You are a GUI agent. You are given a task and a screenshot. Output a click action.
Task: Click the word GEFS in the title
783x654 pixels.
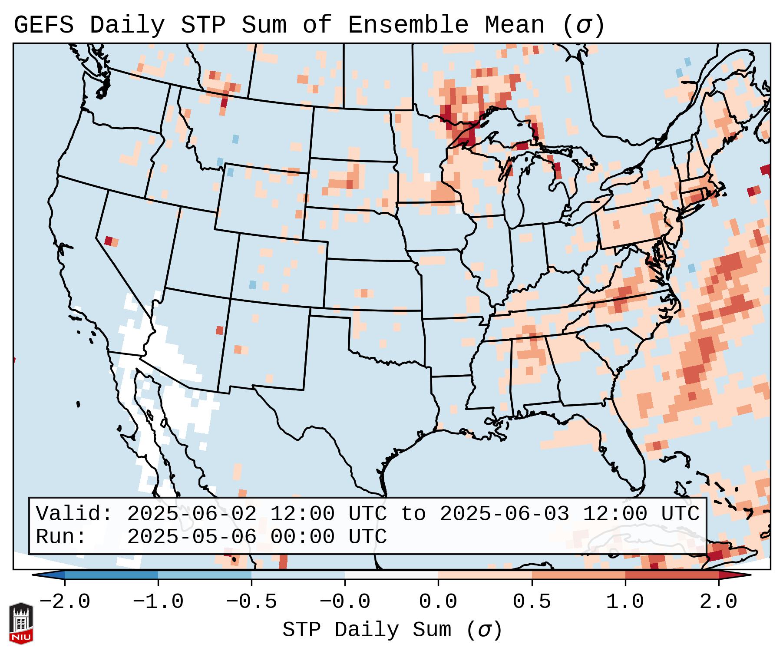coord(43,25)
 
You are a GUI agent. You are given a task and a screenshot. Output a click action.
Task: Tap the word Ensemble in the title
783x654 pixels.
coord(408,25)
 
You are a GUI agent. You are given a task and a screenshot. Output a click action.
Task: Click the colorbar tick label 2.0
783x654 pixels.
coord(718,602)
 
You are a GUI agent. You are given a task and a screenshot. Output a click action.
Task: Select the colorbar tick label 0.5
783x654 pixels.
coord(532,602)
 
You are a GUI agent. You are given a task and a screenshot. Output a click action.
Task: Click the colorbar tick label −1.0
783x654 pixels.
coord(158,602)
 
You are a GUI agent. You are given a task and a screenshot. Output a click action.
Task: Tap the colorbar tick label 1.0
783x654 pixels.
coord(625,602)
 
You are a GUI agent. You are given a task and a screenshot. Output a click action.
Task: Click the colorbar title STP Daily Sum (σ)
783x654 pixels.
coord(392,630)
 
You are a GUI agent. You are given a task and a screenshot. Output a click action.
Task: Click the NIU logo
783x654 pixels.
coord(21,623)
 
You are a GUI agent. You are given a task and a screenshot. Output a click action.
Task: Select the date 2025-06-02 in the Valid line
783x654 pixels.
coord(191,514)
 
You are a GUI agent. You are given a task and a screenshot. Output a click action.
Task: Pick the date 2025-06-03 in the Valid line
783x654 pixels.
coord(504,514)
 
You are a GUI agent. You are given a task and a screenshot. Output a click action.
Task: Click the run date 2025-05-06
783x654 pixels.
coord(191,537)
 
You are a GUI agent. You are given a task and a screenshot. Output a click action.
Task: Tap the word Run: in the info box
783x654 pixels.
coord(61,537)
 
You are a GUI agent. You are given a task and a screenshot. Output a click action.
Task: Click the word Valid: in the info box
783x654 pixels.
coord(74,514)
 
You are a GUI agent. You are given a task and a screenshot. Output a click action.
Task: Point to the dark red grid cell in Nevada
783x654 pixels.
coord(108,241)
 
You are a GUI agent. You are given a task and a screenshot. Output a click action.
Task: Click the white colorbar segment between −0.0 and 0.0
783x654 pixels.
coord(391,575)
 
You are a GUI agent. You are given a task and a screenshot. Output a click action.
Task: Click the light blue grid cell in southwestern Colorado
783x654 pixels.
coord(252,285)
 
